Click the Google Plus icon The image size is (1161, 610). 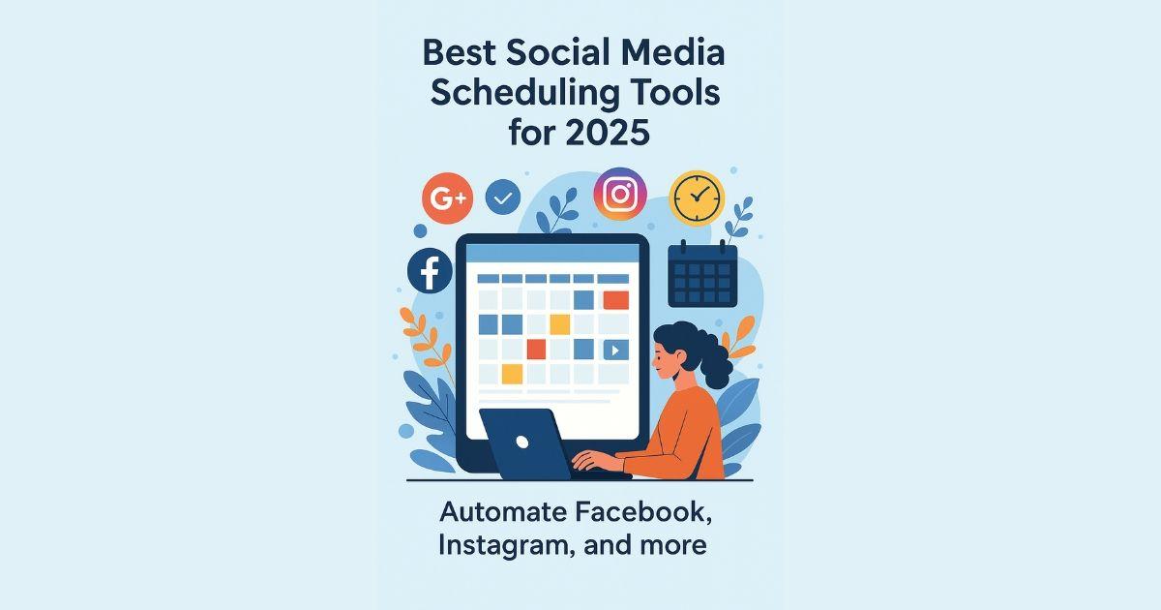446,199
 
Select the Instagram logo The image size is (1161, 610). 619,194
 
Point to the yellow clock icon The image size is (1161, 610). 697,198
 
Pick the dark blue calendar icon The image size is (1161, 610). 702,274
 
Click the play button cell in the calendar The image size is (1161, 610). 613,350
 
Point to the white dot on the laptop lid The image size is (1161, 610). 522,442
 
